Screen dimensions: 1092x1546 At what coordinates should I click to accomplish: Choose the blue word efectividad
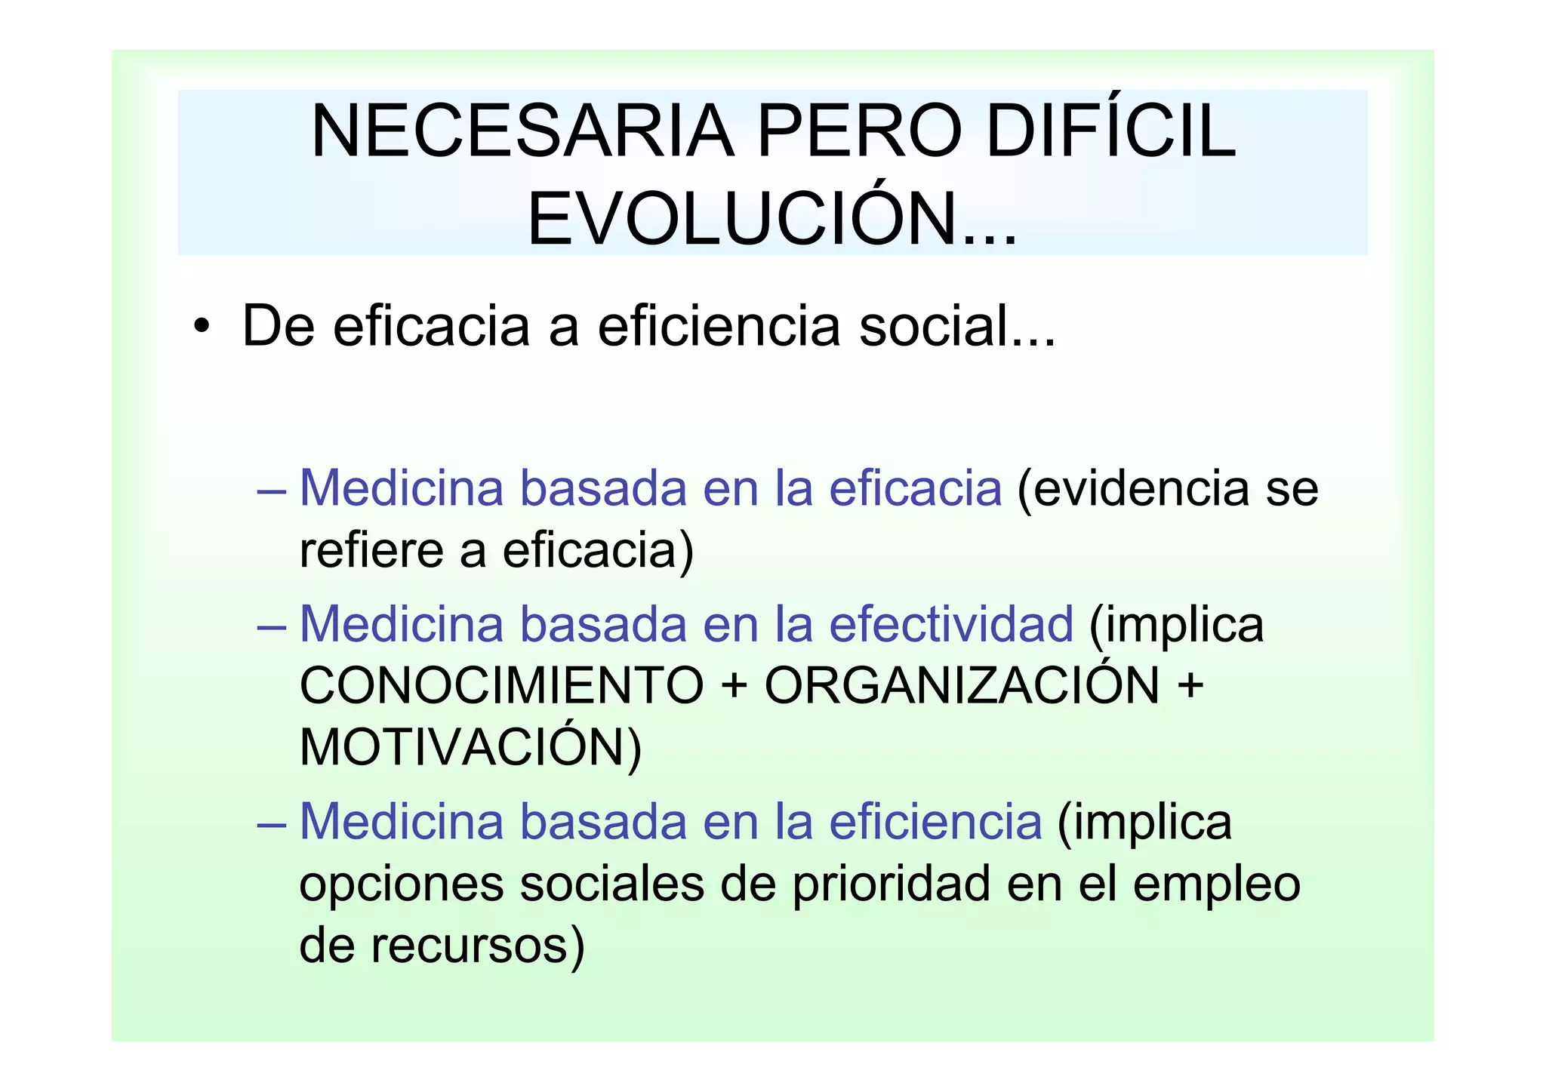[951, 625]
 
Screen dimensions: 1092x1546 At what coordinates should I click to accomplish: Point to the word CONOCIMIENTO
[501, 686]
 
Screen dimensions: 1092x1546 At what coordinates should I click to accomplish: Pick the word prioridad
[891, 884]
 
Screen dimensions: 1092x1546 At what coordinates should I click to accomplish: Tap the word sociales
[611, 884]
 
